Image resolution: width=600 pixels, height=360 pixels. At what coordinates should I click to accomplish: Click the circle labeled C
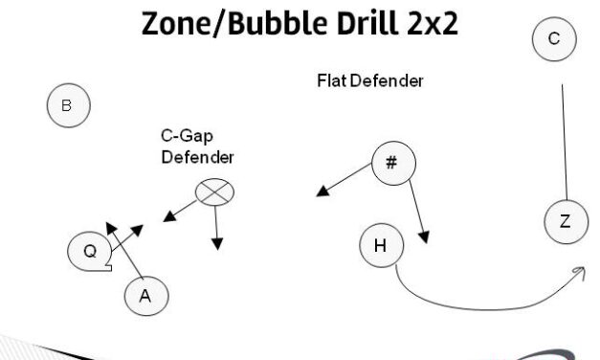pos(554,39)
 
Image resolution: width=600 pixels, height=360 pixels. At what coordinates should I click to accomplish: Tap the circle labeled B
pos(67,106)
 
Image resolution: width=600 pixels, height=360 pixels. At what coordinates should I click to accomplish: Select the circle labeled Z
pos(565,222)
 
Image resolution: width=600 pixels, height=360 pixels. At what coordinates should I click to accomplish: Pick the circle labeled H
pos(380,246)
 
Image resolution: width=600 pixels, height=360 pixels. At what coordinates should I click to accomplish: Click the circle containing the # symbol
pos(391,162)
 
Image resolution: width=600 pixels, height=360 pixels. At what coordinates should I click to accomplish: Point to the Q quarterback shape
pos(89,251)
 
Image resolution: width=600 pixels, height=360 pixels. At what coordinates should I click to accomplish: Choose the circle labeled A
pos(145,296)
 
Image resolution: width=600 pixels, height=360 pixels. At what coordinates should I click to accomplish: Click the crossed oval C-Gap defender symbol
pos(214,192)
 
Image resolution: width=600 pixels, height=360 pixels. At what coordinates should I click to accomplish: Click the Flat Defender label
pos(369,81)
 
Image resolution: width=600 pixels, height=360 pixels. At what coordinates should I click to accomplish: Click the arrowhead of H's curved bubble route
pos(580,274)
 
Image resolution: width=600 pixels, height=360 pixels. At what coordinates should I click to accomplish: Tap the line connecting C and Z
pos(565,144)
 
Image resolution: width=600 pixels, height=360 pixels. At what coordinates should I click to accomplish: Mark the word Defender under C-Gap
pos(197,156)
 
